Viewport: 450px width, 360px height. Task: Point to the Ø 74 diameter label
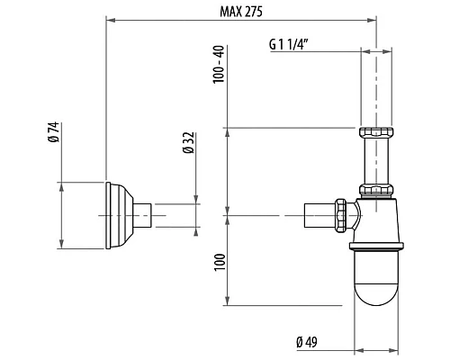coord(52,135)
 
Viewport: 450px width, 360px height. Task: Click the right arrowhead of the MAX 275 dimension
coord(371,18)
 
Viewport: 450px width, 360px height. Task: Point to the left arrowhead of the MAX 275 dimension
coord(111,18)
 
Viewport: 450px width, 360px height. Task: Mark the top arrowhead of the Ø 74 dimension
coord(61,184)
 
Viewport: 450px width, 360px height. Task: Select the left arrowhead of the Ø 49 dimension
coord(354,346)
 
